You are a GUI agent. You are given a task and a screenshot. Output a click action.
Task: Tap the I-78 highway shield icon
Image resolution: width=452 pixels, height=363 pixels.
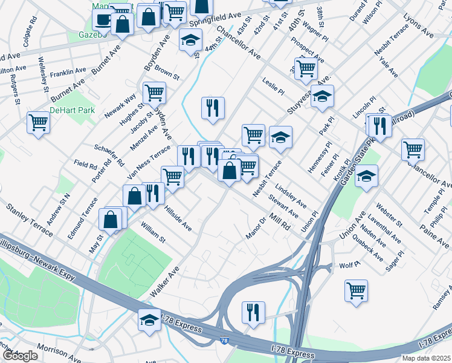point(225,342)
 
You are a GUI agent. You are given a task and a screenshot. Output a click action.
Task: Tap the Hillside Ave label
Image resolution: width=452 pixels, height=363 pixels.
point(178,217)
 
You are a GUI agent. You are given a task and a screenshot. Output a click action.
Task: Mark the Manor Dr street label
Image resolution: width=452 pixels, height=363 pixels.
point(256,227)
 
